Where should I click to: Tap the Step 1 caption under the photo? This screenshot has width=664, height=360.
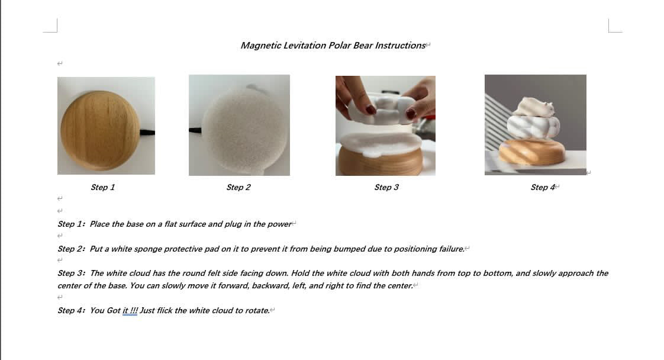click(102, 187)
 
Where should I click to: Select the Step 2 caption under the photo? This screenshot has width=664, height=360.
click(238, 187)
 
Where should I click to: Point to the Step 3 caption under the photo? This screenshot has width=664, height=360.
click(386, 187)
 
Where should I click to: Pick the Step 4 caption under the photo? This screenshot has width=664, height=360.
click(543, 187)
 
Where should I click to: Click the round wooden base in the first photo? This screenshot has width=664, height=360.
click(100, 130)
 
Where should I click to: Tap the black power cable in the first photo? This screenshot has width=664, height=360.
click(147, 133)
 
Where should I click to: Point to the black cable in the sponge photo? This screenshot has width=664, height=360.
click(195, 130)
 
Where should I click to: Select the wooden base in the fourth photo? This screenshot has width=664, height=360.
click(532, 152)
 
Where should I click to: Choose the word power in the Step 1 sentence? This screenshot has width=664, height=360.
click(279, 224)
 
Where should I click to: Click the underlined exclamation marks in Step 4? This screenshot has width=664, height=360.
click(134, 310)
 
